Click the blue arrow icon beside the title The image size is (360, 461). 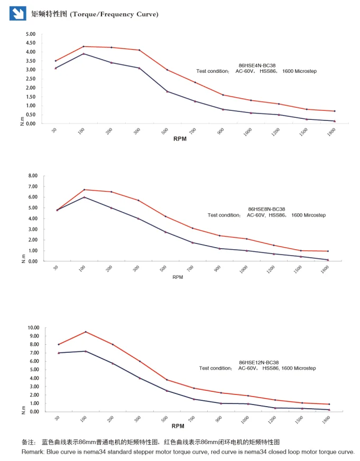click(18, 14)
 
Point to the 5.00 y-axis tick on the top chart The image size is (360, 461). click(31, 34)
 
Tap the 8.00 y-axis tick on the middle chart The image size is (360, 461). click(33, 176)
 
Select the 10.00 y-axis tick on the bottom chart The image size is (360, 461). click(33, 328)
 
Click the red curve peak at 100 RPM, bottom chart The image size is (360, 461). click(85, 332)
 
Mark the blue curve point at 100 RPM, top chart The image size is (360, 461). click(84, 53)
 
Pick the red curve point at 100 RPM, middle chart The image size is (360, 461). click(84, 190)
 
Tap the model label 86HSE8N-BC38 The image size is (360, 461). click(266, 209)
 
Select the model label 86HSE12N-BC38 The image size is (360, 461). click(259, 362)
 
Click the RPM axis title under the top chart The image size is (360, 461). click(180, 139)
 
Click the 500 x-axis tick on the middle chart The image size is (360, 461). click(163, 270)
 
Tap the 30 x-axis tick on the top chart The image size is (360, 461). click(54, 130)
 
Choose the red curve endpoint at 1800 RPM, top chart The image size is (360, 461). click(334, 111)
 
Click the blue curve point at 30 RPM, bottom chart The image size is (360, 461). click(58, 353)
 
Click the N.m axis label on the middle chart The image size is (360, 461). click(23, 259)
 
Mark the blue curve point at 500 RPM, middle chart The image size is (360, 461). click(165, 232)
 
